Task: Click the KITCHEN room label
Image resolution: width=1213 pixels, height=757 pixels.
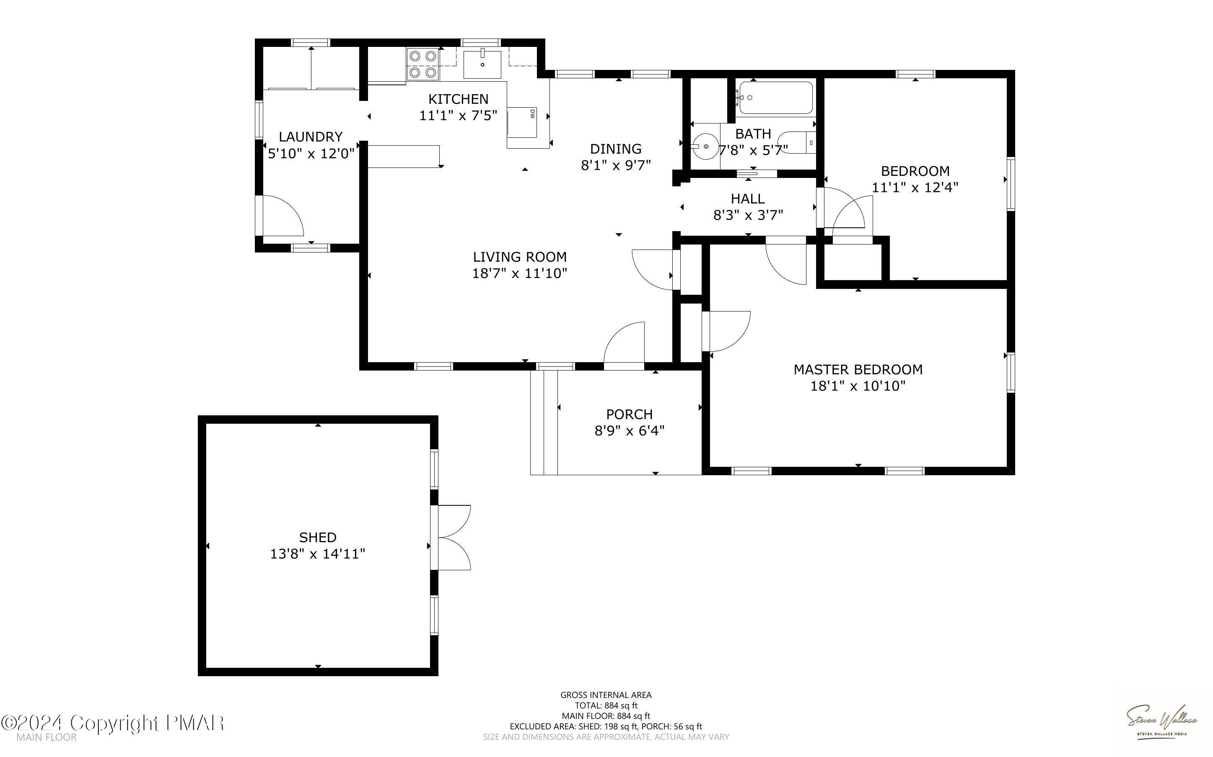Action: [458, 99]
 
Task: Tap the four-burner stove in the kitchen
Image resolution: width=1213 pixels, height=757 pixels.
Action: [422, 64]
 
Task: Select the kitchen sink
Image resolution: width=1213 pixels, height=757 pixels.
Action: [482, 64]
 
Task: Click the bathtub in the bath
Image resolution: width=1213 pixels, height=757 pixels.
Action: [775, 98]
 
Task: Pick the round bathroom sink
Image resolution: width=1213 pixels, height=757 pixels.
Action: [705, 146]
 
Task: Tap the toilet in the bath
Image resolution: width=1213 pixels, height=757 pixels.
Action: [797, 143]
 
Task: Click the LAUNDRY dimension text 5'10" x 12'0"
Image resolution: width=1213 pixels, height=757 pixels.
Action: [311, 153]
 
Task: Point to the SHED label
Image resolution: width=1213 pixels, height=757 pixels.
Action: [318, 537]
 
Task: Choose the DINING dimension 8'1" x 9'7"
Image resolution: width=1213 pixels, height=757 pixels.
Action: [616, 165]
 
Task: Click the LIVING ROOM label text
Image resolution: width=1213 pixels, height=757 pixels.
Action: [520, 257]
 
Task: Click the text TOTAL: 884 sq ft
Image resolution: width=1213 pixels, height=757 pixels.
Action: [606, 706]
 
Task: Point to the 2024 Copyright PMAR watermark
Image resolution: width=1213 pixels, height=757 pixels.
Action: [112, 723]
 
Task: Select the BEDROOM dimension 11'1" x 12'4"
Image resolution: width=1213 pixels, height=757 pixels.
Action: [915, 187]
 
